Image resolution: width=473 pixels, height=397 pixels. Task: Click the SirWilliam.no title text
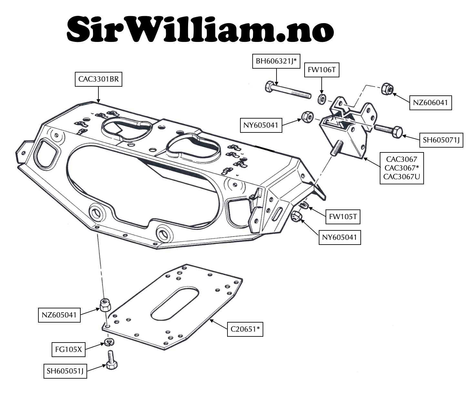pos(200,29)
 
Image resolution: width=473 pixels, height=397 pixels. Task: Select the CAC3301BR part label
pos(98,79)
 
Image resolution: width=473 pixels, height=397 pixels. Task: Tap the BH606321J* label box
pos(276,61)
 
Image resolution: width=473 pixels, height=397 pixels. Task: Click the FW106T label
pos(322,70)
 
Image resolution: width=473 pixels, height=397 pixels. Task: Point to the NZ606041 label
pos(430,103)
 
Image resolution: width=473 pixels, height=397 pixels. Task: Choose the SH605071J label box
pos(441,140)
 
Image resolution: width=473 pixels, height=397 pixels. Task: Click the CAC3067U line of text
pos(402,177)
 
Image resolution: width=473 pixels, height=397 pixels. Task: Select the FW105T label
pos(343,217)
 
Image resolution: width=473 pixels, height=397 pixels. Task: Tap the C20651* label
pos(245,329)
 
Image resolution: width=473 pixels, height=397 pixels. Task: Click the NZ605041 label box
pos(59,315)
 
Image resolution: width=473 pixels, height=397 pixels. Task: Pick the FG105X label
pos(68,350)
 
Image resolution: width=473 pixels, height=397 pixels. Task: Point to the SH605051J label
pos(65,371)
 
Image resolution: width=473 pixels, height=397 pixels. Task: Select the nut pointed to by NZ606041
pos(387,89)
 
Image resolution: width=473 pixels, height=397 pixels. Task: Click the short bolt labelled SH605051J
pos(111,360)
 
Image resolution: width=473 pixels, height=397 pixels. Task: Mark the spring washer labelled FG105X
pos(109,342)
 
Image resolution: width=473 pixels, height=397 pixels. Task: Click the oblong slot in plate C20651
pos(175,304)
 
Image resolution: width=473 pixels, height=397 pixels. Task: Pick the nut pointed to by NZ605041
pos(105,305)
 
